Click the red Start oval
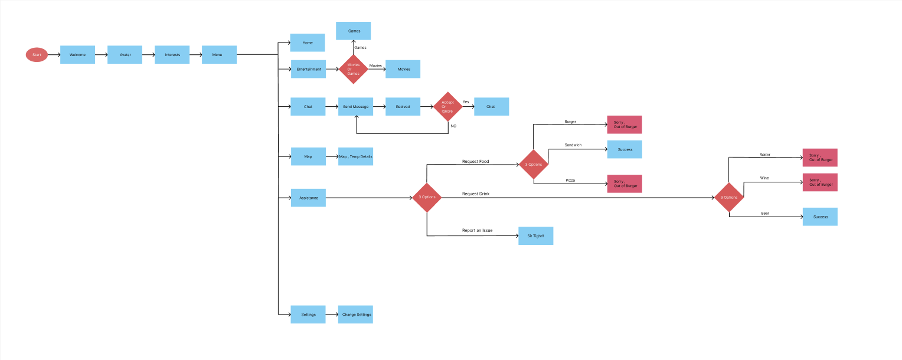coord(37,55)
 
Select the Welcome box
coord(77,55)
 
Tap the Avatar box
coord(125,55)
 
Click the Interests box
coord(172,55)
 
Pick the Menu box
coord(219,55)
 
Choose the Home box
coord(308,42)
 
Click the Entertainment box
coord(309,69)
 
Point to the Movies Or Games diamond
coord(353,69)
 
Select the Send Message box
coord(355,107)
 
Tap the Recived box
coord(403,107)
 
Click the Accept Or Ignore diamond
coord(448,107)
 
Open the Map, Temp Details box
coord(355,156)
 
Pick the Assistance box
coord(308,198)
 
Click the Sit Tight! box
coord(535,236)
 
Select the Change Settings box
coord(356,315)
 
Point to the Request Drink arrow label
coord(475,194)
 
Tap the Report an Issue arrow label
coord(477,230)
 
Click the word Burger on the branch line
coord(570,122)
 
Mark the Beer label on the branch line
coord(765,213)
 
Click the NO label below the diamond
coord(453,126)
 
